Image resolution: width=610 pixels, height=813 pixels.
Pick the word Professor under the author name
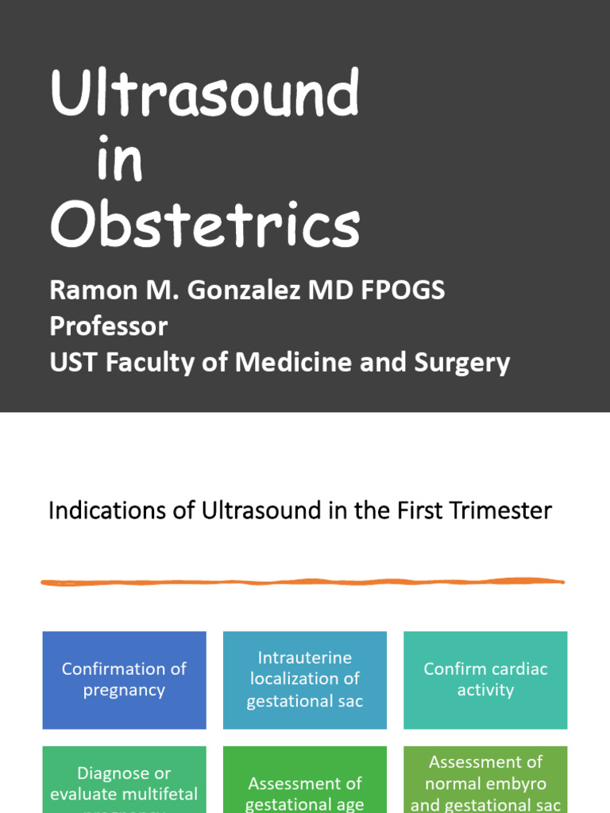click(109, 326)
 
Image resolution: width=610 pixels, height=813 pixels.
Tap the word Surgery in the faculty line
click(461, 363)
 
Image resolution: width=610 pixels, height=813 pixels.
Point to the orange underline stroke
click(302, 582)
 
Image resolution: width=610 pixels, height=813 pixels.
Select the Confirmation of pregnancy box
click(124, 680)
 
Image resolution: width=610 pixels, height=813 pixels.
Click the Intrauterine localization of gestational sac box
click(305, 680)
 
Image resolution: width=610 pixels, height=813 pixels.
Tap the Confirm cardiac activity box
click(485, 680)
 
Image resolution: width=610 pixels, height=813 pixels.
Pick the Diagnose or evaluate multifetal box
click(124, 782)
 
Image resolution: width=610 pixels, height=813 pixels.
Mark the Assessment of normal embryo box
click(485, 782)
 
